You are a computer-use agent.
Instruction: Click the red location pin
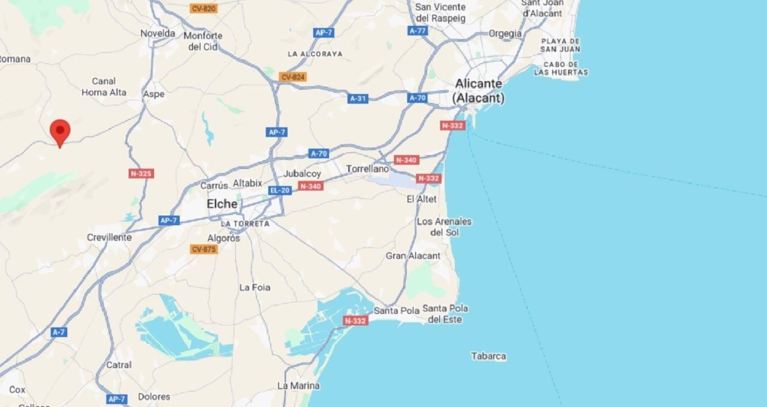[60, 131]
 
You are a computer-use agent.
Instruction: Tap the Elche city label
[222, 204]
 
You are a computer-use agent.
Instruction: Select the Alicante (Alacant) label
[479, 91]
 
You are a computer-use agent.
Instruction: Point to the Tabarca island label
[488, 356]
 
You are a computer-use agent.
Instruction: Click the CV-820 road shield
[203, 8]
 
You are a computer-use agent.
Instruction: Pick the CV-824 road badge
[293, 77]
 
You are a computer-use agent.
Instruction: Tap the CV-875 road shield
[204, 249]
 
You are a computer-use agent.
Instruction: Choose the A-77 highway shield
[417, 31]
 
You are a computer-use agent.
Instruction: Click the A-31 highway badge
[358, 99]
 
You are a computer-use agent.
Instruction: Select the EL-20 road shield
[280, 190]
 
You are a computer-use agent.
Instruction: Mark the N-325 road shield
[141, 173]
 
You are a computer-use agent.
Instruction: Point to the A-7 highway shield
[59, 332]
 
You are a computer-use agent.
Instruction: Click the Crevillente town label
[109, 237]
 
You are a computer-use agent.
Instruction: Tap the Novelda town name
[158, 33]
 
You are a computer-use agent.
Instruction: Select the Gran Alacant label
[413, 256]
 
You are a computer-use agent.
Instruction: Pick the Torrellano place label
[367, 168]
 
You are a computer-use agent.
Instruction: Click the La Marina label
[298, 386]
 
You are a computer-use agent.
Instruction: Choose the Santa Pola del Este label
[445, 314]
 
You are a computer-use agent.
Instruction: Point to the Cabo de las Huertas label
[560, 69]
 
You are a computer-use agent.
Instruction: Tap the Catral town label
[119, 365]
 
